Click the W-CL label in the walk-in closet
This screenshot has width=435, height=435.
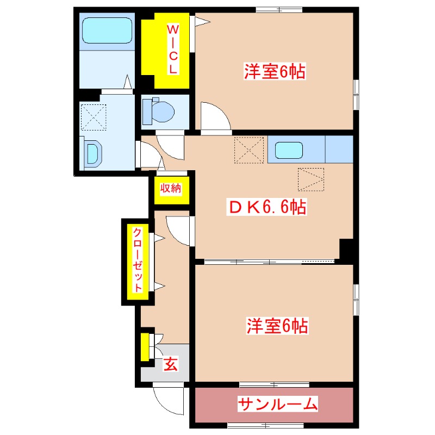pyautogui.click(x=172, y=49)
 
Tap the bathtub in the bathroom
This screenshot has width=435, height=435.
pyautogui.click(x=107, y=32)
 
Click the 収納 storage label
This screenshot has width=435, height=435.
pyautogui.click(x=170, y=189)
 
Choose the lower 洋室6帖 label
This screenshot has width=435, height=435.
pyautogui.click(x=278, y=326)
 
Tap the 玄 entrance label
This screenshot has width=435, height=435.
pyautogui.click(x=171, y=365)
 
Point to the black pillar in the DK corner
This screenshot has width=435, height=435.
pyautogui.click(x=346, y=248)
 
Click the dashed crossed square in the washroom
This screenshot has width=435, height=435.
pyautogui.click(x=94, y=117)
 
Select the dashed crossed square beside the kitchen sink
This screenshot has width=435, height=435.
pyautogui.click(x=248, y=150)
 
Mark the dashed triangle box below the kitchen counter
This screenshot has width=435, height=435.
pyautogui.click(x=311, y=179)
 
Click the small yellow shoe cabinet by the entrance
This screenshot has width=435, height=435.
pyautogui.click(x=145, y=347)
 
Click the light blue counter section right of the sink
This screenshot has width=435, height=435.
pyautogui.click(x=339, y=150)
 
